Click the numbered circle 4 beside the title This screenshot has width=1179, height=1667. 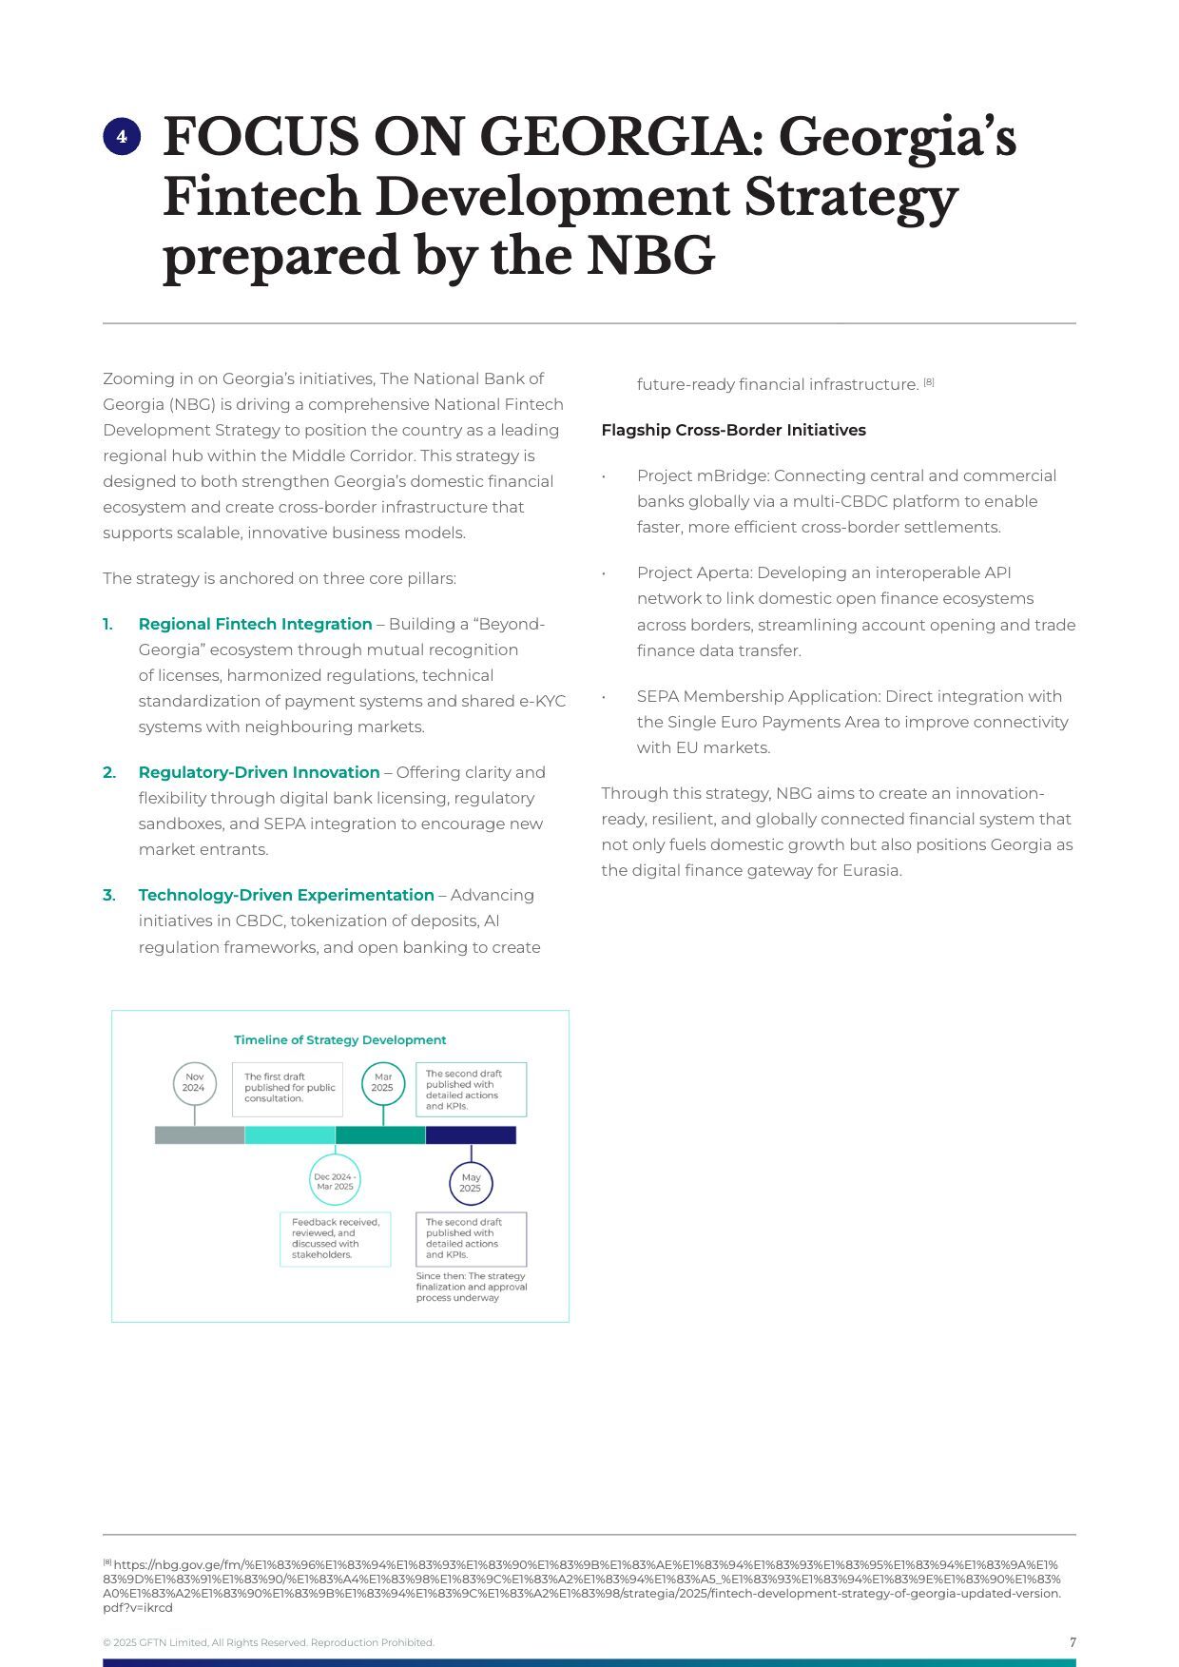(x=122, y=137)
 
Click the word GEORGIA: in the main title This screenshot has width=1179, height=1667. (x=617, y=137)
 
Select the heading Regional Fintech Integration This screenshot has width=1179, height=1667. (x=255, y=624)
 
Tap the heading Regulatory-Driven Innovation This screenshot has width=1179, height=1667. (x=259, y=772)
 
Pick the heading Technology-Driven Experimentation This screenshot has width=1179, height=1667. (x=285, y=895)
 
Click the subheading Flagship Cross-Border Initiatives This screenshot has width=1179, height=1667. (x=733, y=430)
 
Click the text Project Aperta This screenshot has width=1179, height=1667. (x=693, y=572)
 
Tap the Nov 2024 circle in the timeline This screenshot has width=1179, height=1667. (x=194, y=1083)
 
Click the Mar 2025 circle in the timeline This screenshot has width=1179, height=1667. (x=383, y=1083)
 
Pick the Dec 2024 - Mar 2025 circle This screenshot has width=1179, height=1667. (x=335, y=1181)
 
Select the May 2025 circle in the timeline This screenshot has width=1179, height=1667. (x=471, y=1183)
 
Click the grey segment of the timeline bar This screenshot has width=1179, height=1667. (x=200, y=1134)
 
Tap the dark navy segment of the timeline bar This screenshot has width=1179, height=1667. (x=471, y=1134)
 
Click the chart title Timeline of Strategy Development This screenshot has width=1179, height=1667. (x=339, y=1039)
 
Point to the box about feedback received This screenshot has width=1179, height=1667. (x=335, y=1238)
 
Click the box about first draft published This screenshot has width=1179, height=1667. (x=287, y=1089)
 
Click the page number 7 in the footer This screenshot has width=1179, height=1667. (x=1073, y=1642)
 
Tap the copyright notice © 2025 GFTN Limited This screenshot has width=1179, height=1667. (x=268, y=1642)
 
